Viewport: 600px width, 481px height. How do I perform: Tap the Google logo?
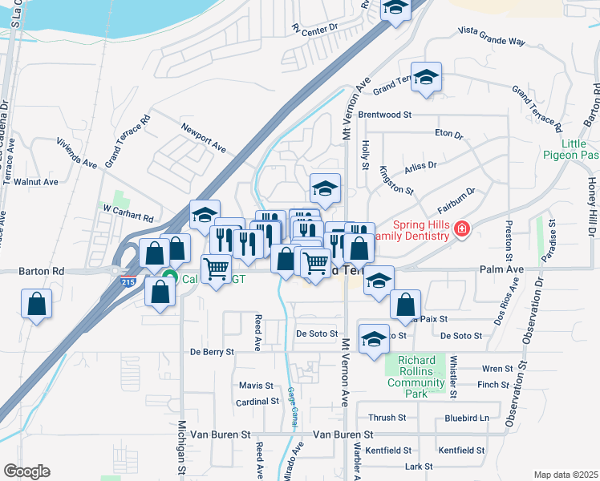27,471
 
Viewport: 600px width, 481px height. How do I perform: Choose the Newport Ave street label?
203,138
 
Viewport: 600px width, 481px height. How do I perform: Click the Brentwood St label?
384,115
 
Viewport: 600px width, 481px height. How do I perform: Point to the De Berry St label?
212,351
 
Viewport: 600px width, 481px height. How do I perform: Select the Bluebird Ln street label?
466,418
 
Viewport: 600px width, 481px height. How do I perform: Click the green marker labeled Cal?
169,279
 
